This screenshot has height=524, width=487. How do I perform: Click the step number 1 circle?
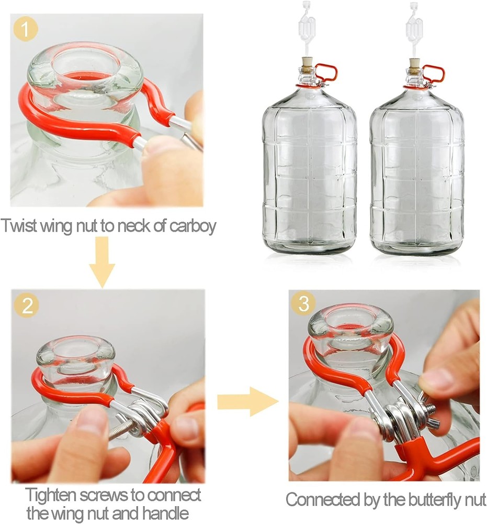26,30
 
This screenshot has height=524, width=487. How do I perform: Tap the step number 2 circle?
26,305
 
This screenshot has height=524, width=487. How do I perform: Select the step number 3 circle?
303,303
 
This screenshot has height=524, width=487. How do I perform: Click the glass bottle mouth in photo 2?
76,354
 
